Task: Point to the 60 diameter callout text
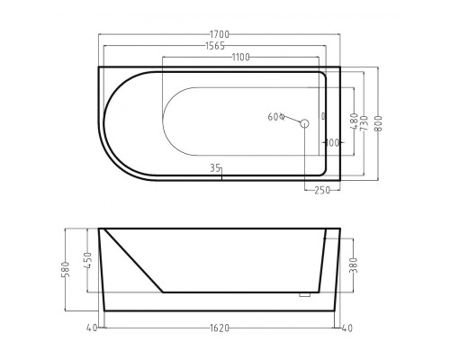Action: coord(274,116)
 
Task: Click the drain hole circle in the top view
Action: coord(304,122)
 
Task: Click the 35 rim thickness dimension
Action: coord(215,167)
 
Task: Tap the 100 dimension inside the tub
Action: coord(330,142)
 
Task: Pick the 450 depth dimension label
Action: coord(87,260)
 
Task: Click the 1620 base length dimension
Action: coord(220,328)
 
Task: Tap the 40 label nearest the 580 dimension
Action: coord(93,328)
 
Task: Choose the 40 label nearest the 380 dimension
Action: coord(346,328)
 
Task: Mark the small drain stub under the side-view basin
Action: coord(304,294)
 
